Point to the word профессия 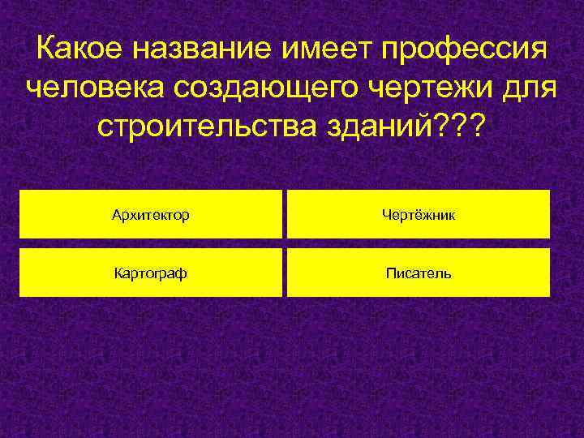tap(466, 51)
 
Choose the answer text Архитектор tap(151, 216)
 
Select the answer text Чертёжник tap(419, 216)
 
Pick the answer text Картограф tap(150, 274)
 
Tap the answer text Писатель tap(419, 273)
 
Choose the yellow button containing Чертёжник tap(503, 215)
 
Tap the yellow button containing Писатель tap(503, 273)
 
